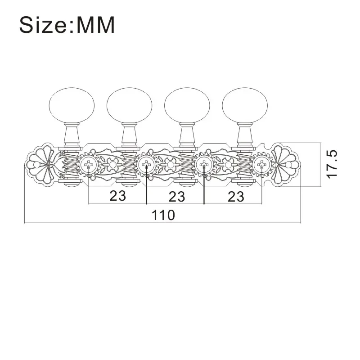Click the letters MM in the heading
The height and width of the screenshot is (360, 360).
pyautogui.click(x=95, y=25)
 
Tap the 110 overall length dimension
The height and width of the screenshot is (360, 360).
pyautogui.click(x=163, y=215)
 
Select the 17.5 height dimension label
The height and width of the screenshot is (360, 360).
pyautogui.click(x=332, y=164)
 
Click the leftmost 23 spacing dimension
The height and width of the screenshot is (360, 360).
pyautogui.click(x=118, y=196)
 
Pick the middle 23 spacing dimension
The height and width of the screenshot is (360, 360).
pyautogui.click(x=177, y=197)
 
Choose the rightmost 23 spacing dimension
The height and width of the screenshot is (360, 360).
pyautogui.click(x=236, y=197)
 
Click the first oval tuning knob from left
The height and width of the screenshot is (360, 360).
pyautogui.click(x=72, y=105)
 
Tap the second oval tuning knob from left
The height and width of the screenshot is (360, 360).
pyautogui.click(x=129, y=105)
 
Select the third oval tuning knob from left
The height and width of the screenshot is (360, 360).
pyautogui.click(x=187, y=105)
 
